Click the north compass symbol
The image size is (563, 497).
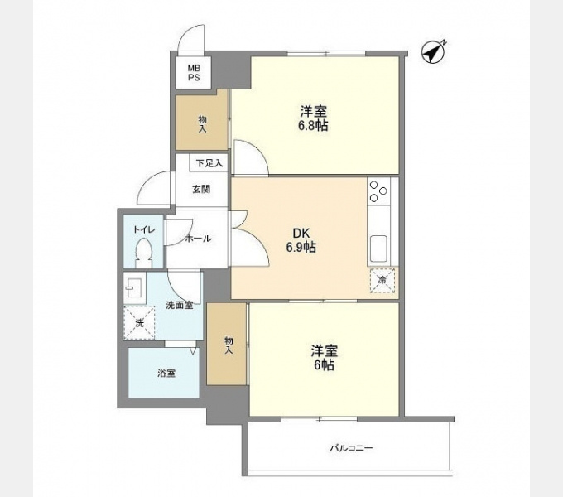coord(433,52)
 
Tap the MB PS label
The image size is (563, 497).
coord(195,73)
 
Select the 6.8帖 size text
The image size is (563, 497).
coord(313,126)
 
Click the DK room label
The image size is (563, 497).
coord(301,234)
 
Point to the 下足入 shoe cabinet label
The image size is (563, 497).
coord(209,163)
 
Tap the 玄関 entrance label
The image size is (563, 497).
coord(201,189)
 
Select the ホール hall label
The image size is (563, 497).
coord(198,239)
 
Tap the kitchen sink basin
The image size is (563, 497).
coord(378,248)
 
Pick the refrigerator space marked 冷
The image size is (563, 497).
coord(383,280)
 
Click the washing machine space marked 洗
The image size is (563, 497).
coord(139,323)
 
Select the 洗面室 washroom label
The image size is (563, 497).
coord(179,305)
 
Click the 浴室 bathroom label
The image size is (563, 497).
coord(166,374)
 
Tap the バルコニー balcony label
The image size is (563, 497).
coord(352,448)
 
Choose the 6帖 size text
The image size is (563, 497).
coord(324,365)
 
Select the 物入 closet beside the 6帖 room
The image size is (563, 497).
coord(228,344)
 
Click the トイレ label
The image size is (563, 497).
coord(144,229)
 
